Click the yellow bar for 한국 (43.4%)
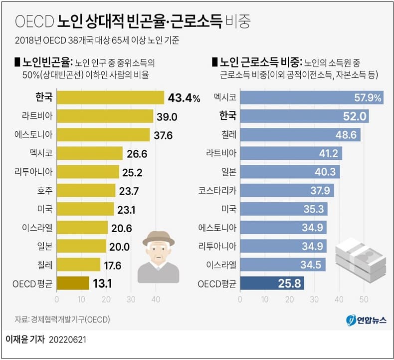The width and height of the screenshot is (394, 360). tap(110, 97)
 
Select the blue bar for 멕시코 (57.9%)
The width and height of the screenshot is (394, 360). tap(311, 97)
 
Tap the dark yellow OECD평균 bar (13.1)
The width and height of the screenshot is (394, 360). tap(73, 284)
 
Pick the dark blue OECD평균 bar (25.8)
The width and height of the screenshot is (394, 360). tap(272, 284)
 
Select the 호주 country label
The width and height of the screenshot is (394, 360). tap(43, 190)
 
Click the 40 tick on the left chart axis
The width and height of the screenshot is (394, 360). tap(155, 300)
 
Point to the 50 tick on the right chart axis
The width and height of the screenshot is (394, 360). tap(364, 300)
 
